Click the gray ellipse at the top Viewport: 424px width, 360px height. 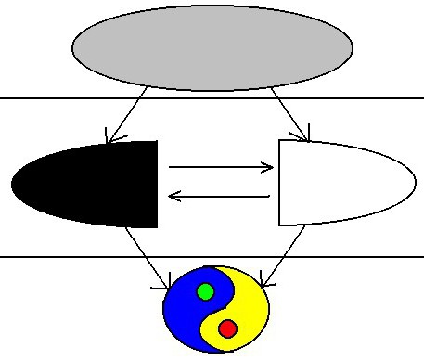212,45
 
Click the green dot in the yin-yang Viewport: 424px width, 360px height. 206,292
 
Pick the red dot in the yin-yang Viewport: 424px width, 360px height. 228,328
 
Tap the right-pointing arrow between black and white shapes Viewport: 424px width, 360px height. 221,168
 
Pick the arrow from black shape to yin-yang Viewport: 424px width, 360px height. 147,255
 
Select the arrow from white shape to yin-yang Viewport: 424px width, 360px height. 284,255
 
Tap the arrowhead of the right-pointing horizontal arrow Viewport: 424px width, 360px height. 270,168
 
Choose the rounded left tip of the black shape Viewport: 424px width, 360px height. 15,183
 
